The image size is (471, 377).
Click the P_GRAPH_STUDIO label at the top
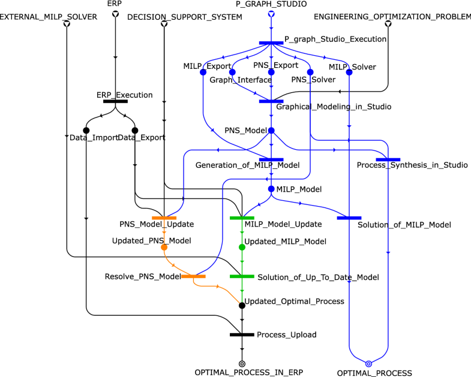pyautogui.click(x=271, y=4)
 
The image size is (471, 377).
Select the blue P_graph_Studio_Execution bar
pyautogui.click(x=271, y=43)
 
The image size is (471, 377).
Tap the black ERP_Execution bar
pyautogui.click(x=115, y=101)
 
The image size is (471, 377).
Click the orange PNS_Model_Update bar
pyautogui.click(x=164, y=218)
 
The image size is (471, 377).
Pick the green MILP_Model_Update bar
pyautogui.click(x=242, y=218)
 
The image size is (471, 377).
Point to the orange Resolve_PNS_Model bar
pyautogui.click(x=193, y=276)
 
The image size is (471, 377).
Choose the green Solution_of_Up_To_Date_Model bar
pyautogui.click(x=242, y=276)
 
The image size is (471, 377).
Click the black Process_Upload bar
pyautogui.click(x=242, y=334)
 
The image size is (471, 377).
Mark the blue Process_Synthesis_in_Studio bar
pyautogui.click(x=388, y=159)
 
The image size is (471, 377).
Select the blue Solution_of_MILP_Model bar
pyautogui.click(x=349, y=218)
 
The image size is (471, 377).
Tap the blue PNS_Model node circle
pyautogui.click(x=271, y=130)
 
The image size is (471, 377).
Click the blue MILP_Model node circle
pyautogui.click(x=271, y=189)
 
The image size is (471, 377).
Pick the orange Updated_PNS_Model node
pyautogui.click(x=164, y=247)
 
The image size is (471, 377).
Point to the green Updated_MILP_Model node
pyautogui.click(x=242, y=247)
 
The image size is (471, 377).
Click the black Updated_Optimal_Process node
pyautogui.click(x=242, y=305)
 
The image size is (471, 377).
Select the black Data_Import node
pyautogui.click(x=86, y=130)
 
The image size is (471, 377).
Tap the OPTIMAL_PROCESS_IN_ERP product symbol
pyautogui.click(x=242, y=363)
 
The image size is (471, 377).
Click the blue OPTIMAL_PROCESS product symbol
pyautogui.click(x=368, y=363)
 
